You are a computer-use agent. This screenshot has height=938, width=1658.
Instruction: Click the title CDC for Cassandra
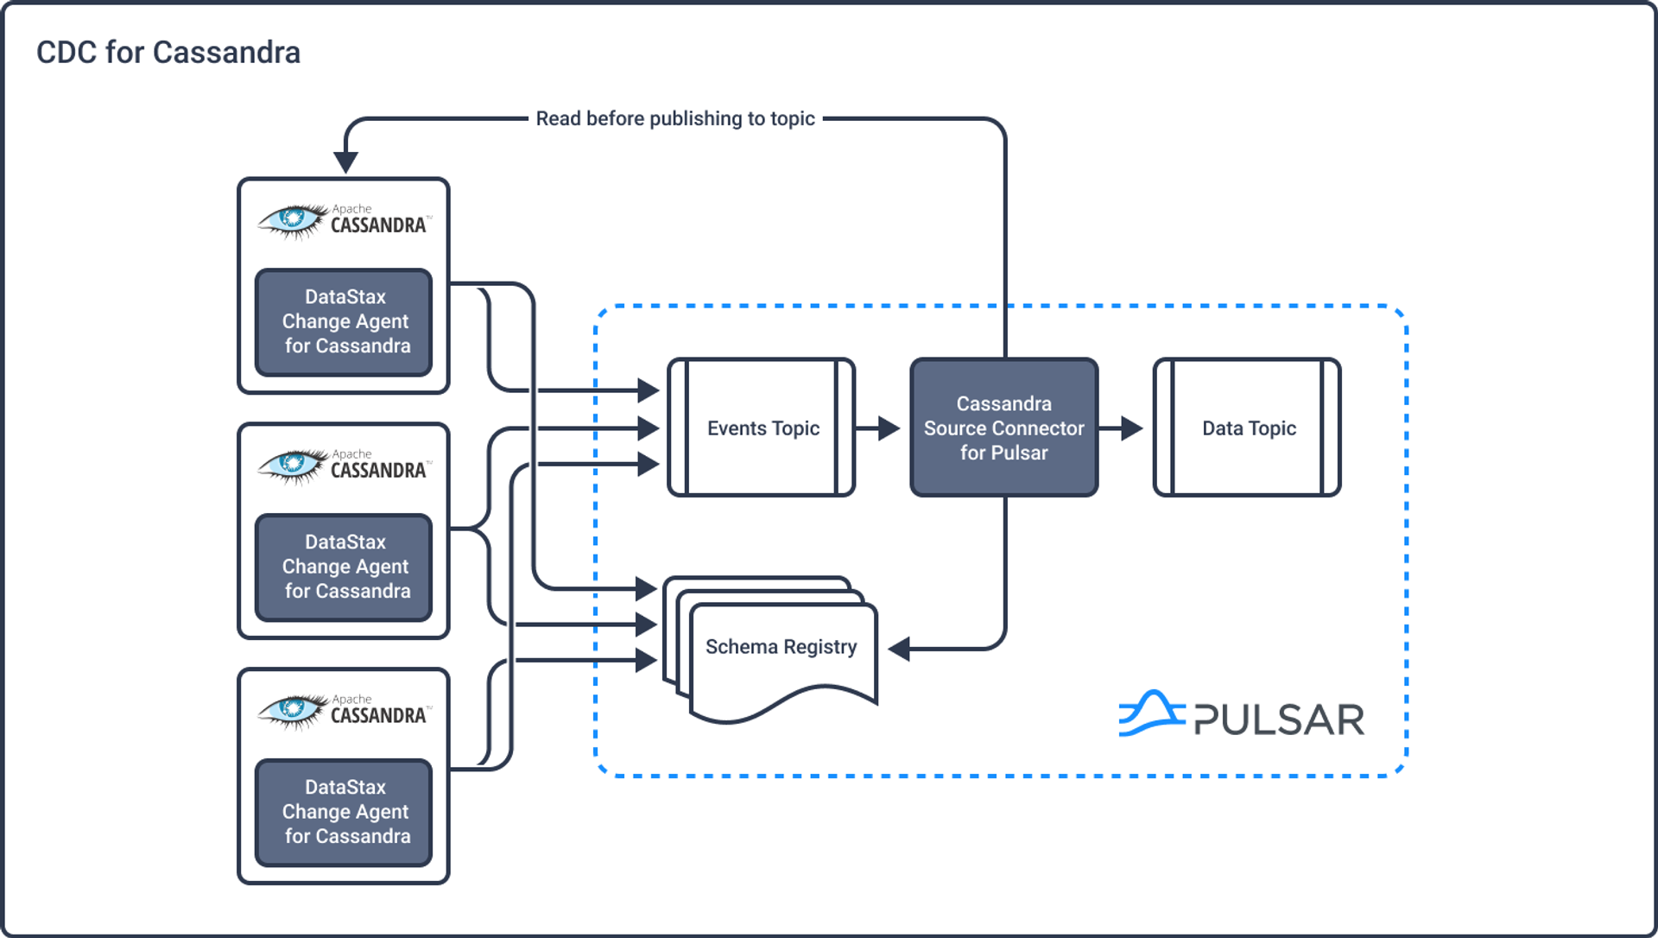tap(168, 53)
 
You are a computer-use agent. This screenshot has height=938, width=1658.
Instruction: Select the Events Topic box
tap(762, 428)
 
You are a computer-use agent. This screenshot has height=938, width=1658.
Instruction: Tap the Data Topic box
tap(1247, 428)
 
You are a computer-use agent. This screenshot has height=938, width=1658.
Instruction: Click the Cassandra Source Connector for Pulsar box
tap(1003, 428)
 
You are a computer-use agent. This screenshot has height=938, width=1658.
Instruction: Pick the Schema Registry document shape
tap(782, 656)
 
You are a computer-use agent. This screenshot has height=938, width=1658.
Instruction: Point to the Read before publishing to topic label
tap(675, 118)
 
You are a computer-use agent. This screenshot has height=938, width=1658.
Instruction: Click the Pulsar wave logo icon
tap(1151, 713)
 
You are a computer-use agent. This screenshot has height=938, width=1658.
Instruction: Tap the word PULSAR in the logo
tap(1279, 719)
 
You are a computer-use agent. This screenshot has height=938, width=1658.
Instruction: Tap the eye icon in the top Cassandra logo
tap(292, 219)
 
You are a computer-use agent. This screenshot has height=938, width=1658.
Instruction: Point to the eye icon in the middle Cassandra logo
tap(292, 465)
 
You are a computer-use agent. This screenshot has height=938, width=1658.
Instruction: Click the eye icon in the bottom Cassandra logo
tap(292, 710)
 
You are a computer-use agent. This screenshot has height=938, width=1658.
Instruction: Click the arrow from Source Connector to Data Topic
tap(1123, 428)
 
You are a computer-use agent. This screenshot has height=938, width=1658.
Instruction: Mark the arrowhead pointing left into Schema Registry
tap(899, 649)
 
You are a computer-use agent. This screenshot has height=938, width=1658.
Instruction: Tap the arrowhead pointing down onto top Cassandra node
tap(345, 162)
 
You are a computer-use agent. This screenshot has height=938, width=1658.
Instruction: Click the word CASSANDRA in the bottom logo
tap(378, 716)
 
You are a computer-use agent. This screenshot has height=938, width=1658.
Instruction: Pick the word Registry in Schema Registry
tap(820, 647)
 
